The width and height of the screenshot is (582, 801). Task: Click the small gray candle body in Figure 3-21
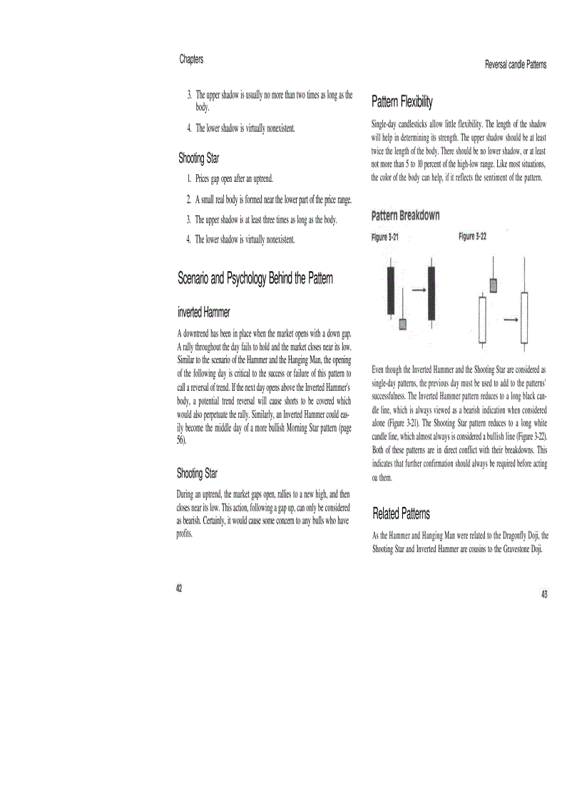(403, 325)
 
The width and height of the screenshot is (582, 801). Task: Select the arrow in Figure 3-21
(418, 290)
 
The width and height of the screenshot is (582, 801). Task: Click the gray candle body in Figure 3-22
(493, 286)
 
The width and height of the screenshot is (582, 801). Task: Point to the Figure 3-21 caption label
(385, 238)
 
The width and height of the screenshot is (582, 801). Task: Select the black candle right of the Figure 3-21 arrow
(432, 293)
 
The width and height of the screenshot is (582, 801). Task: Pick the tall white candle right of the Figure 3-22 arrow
(525, 318)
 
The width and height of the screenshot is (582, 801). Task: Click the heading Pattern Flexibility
(402, 102)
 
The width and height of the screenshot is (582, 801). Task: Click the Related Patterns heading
(401, 513)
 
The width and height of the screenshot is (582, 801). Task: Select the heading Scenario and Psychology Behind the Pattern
(255, 279)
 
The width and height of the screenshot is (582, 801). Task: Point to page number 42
(179, 588)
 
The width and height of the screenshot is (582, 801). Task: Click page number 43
(543, 594)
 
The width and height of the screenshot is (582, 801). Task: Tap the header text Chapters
(191, 59)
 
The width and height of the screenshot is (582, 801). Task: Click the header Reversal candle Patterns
(516, 64)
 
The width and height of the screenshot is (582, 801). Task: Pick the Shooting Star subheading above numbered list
(198, 158)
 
